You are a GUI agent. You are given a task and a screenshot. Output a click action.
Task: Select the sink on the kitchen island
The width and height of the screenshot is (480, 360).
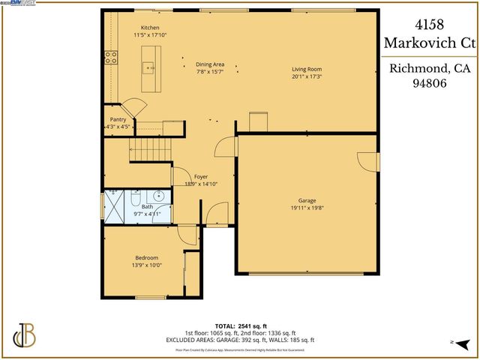pyautogui.click(x=150, y=68)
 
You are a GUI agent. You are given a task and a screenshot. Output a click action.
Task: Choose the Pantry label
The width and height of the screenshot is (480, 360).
pyautogui.click(x=118, y=119)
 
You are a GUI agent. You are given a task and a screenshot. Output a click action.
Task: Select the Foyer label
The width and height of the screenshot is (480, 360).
pyautogui.click(x=201, y=176)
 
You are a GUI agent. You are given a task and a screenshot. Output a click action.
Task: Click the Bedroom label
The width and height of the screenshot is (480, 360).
pyautogui.click(x=146, y=257)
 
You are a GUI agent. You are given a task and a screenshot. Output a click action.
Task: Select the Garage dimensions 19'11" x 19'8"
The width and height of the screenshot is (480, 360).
pyautogui.click(x=307, y=208)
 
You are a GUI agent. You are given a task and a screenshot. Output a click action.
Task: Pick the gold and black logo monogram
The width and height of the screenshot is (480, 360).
pyautogui.click(x=25, y=335)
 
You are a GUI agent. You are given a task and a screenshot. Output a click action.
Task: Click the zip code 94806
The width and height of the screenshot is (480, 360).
pyautogui.click(x=430, y=85)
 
